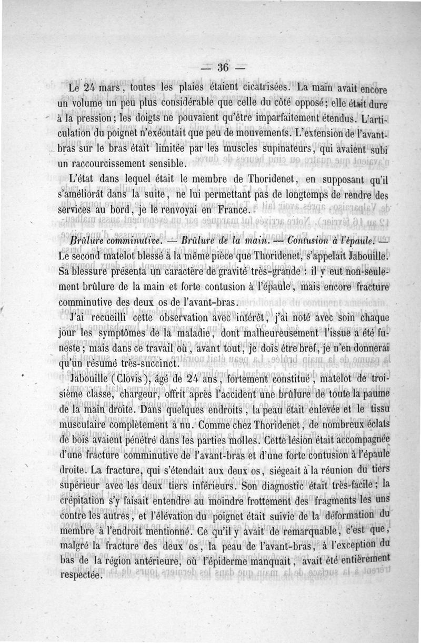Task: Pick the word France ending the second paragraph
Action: point(229,209)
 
